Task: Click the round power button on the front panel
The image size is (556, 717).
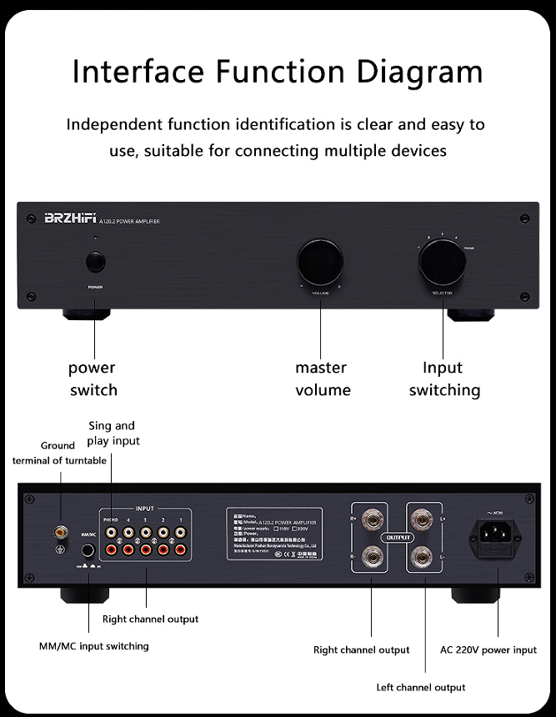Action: tap(95, 263)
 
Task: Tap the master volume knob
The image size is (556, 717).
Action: tap(320, 263)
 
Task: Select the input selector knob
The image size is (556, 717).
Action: tap(442, 263)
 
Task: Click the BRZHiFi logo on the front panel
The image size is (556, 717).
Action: tap(69, 219)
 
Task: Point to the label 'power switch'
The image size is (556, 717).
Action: tap(93, 379)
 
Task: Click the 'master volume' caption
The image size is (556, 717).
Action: tap(322, 379)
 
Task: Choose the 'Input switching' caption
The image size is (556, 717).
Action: tap(443, 379)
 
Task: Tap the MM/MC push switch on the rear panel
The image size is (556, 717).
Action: tap(88, 550)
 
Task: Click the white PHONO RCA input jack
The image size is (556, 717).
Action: tap(110, 532)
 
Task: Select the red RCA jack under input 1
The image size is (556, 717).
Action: tap(181, 549)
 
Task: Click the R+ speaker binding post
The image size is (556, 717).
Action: tap(372, 520)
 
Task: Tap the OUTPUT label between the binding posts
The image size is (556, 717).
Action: tap(398, 538)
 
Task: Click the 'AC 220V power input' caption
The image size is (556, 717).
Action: tap(488, 649)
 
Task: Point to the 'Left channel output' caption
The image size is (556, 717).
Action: tap(421, 688)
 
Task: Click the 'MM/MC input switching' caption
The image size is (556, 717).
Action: tap(93, 646)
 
